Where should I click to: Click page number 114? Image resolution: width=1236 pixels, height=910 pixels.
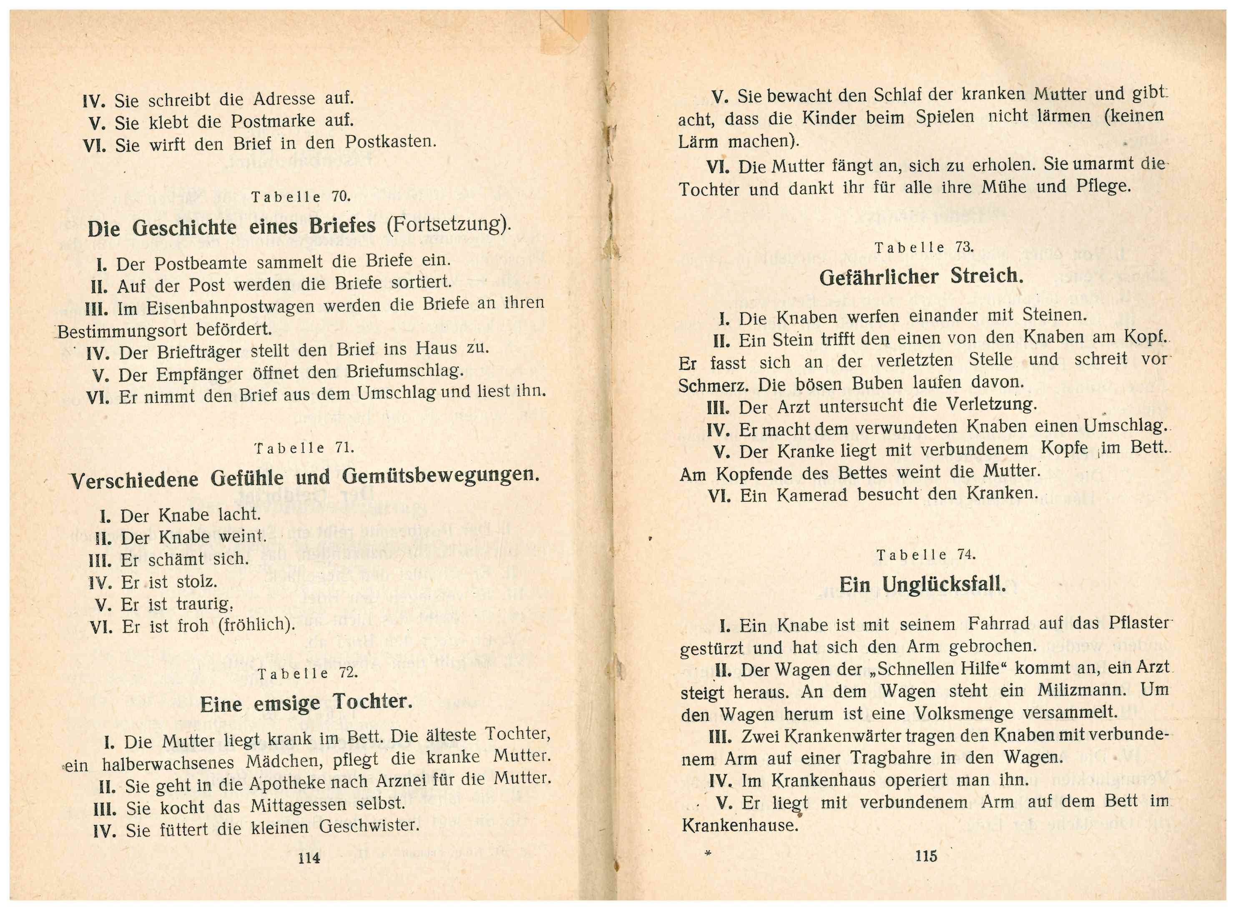point(308,857)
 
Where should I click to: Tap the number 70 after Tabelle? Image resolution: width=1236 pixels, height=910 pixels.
point(341,196)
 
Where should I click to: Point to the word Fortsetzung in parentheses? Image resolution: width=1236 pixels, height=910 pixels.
point(446,224)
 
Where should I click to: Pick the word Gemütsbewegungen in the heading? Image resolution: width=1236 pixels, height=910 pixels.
point(440,475)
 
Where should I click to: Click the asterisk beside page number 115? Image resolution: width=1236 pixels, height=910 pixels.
point(708,854)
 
